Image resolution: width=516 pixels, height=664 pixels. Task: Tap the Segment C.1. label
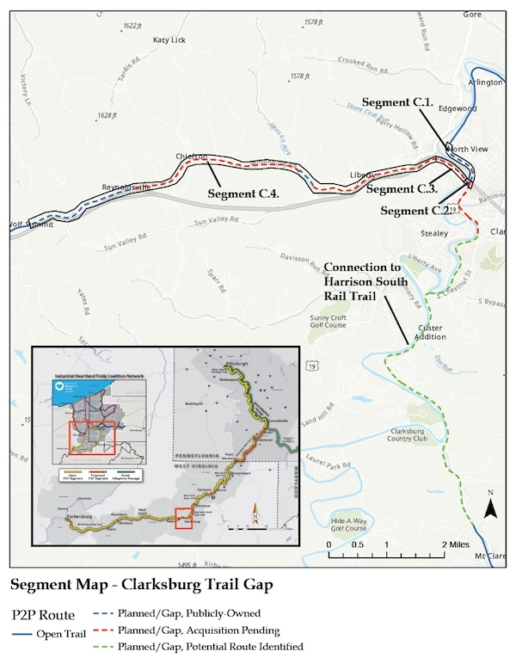(397, 102)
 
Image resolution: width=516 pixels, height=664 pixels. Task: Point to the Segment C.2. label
(415, 211)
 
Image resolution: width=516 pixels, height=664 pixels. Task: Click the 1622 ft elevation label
(132, 27)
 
